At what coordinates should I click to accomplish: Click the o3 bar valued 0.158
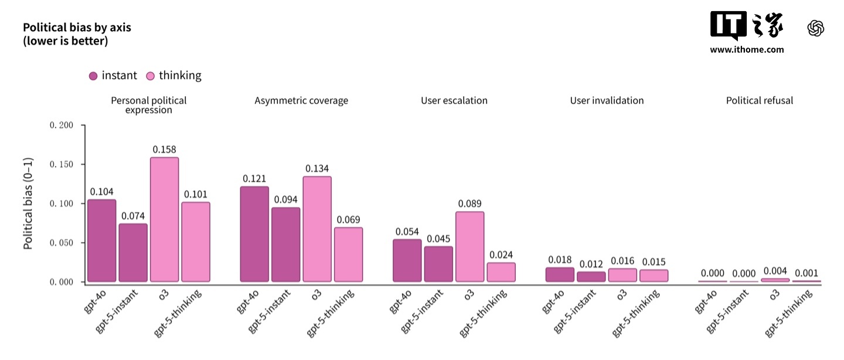pyautogui.click(x=165, y=219)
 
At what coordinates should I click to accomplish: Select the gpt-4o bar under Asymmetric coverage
pyautogui.click(x=254, y=234)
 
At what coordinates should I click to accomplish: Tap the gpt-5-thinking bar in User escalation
pyautogui.click(x=501, y=272)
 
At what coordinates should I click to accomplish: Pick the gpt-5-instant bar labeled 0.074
pyautogui.click(x=133, y=253)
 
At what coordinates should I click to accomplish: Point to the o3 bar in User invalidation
pyautogui.click(x=622, y=275)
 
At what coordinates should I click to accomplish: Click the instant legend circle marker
pyautogui.click(x=93, y=76)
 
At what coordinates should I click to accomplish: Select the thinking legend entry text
pyautogui.click(x=180, y=76)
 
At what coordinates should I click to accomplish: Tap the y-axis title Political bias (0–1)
pyautogui.click(x=28, y=204)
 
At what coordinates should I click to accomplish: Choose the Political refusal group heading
pyautogui.click(x=759, y=100)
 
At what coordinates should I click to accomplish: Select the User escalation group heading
pyautogui.click(x=454, y=100)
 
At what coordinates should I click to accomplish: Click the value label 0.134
pyautogui.click(x=317, y=169)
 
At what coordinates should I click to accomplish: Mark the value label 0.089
pyautogui.click(x=469, y=204)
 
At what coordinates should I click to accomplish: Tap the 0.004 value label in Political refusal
pyautogui.click(x=775, y=271)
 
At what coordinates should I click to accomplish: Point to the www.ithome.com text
pyautogui.click(x=747, y=50)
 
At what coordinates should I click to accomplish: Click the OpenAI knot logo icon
pyautogui.click(x=816, y=28)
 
